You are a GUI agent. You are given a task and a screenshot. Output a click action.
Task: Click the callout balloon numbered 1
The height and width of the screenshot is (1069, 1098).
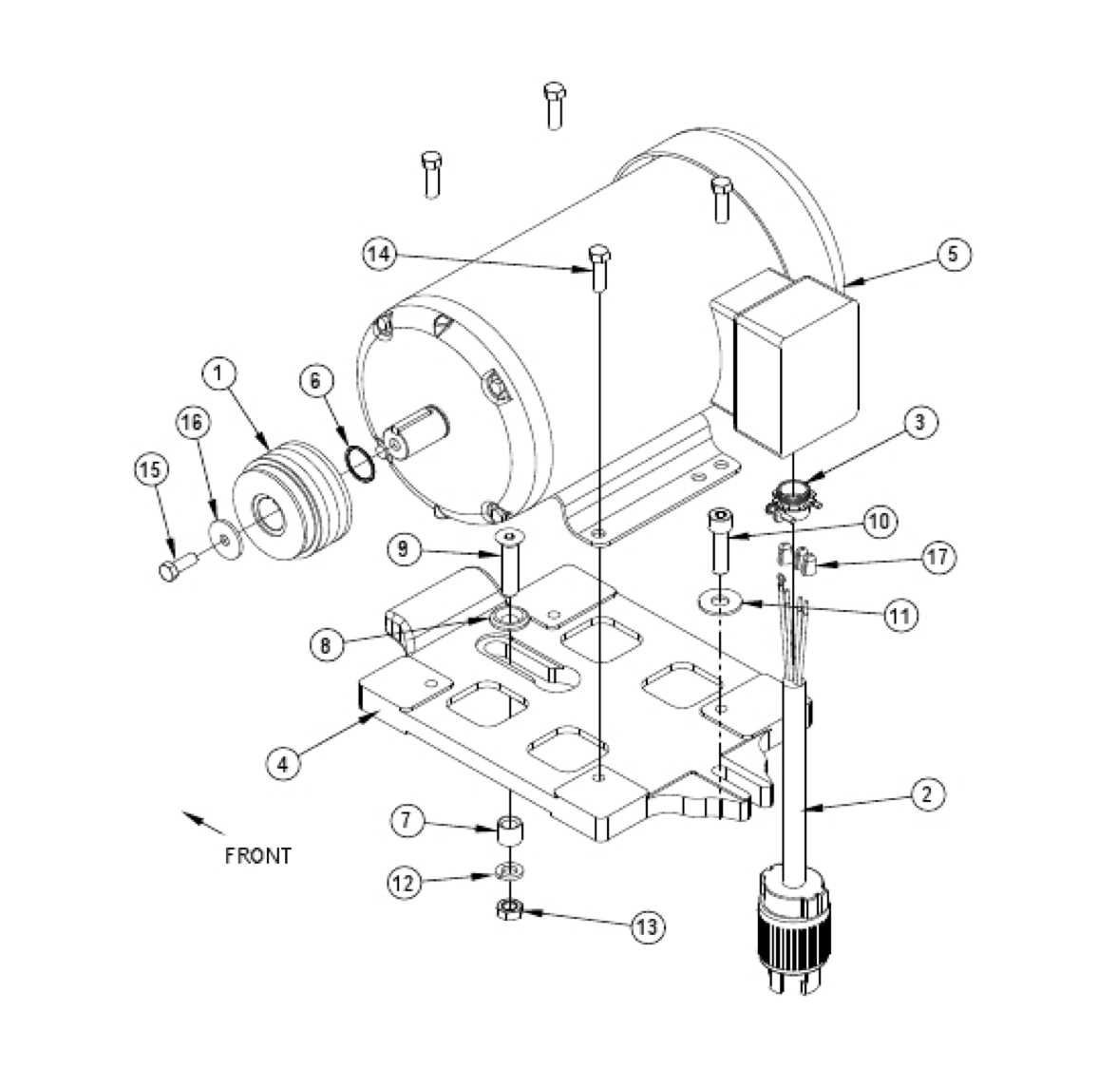tap(219, 373)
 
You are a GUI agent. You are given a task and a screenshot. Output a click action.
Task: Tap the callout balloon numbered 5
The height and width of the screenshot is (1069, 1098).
tap(955, 254)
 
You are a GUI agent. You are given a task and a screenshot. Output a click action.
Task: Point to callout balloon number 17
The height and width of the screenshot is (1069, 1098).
tap(937, 557)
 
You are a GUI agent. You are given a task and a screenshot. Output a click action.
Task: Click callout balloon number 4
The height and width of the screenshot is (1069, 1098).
tap(282, 762)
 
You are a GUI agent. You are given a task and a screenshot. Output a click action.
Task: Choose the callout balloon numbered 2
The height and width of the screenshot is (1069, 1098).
tap(927, 793)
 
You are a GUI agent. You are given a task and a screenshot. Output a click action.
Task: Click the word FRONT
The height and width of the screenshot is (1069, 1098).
tap(257, 855)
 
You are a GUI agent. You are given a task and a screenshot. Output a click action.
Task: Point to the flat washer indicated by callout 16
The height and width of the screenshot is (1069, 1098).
tap(224, 540)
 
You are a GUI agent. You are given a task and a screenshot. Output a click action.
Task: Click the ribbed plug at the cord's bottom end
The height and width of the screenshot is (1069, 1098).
tap(796, 936)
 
